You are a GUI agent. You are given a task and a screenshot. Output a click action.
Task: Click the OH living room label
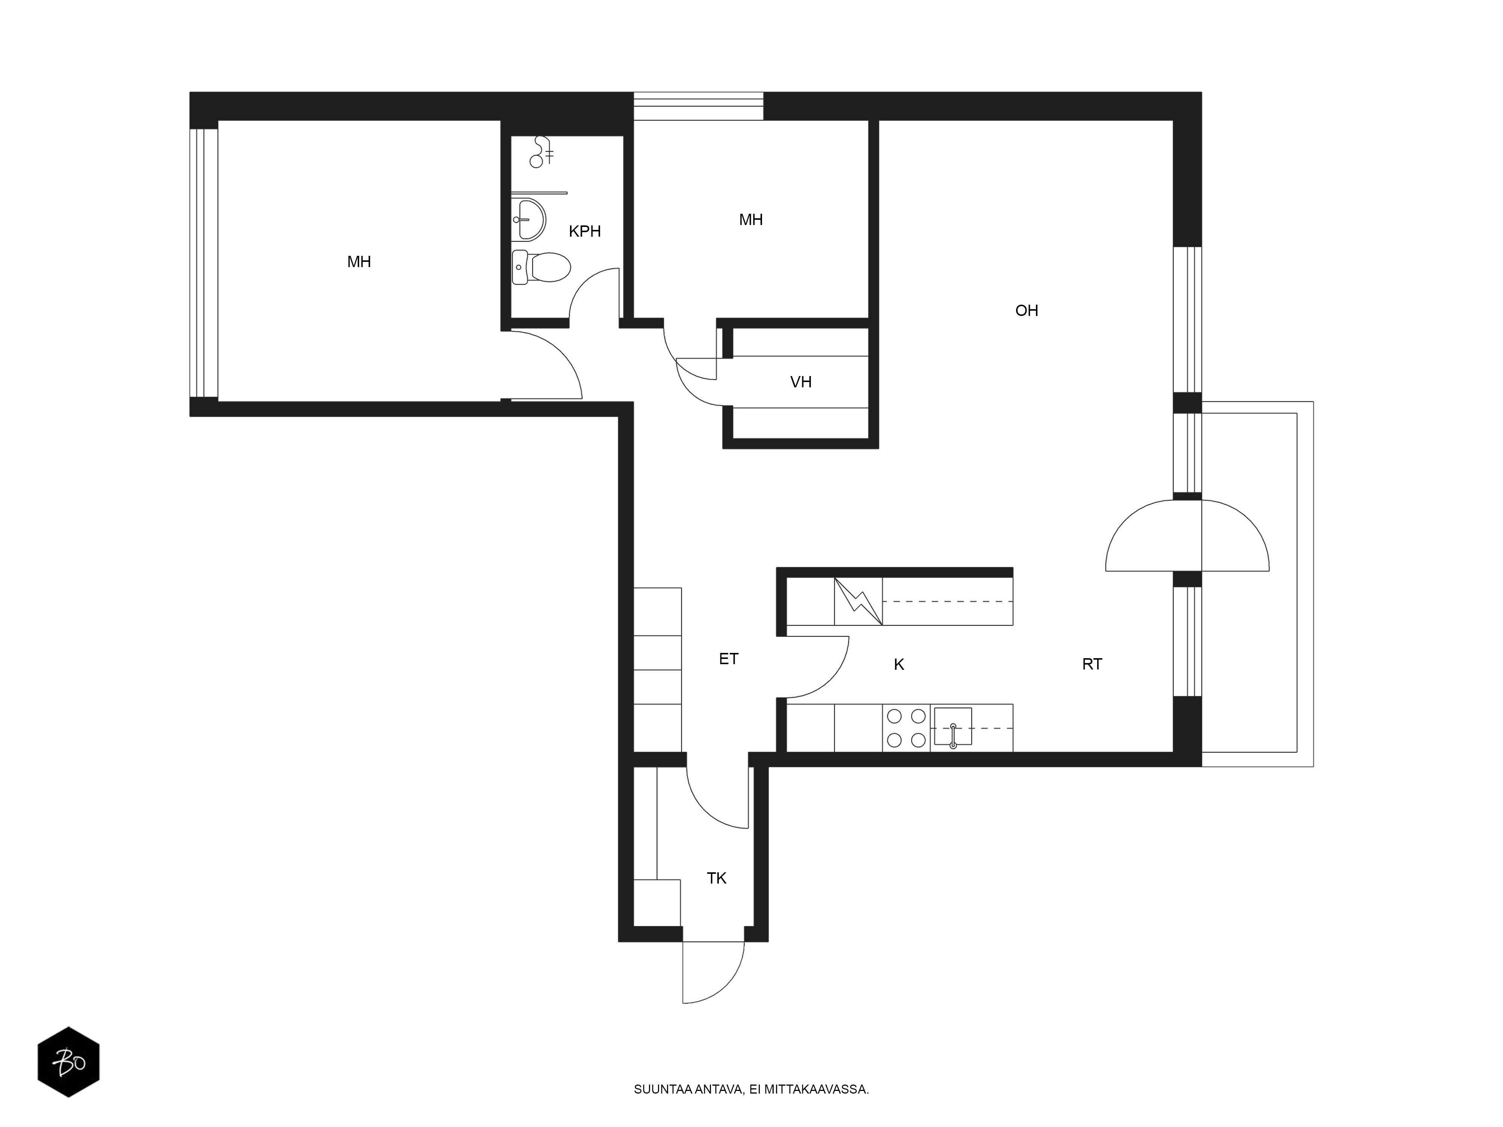tap(1026, 310)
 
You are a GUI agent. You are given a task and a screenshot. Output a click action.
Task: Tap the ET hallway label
tap(729, 658)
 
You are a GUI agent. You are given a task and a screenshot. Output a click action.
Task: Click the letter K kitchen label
tap(898, 665)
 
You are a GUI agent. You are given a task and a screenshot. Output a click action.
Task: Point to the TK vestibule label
tap(716, 878)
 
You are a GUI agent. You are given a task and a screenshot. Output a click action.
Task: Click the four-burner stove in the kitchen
tap(906, 728)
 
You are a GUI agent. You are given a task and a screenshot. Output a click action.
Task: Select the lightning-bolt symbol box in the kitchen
tap(858, 601)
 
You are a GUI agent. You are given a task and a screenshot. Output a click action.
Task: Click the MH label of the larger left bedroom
tap(359, 261)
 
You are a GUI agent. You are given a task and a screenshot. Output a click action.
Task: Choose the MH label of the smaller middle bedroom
tap(751, 219)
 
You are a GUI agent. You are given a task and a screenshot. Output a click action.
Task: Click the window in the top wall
tap(699, 106)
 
